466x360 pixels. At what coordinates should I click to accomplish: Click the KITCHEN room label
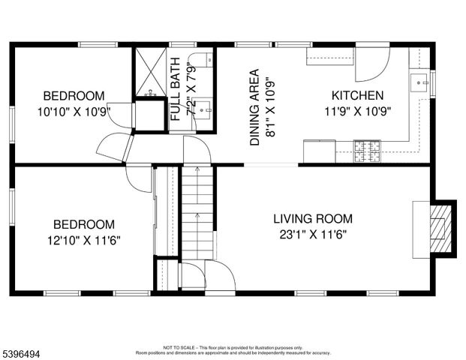coord(358,96)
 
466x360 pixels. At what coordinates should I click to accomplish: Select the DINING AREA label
coord(254,107)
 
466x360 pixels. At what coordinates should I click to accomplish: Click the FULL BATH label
coord(176,89)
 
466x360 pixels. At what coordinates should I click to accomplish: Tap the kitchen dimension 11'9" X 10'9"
coord(358,111)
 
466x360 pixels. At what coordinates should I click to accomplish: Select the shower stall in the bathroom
coord(149,73)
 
